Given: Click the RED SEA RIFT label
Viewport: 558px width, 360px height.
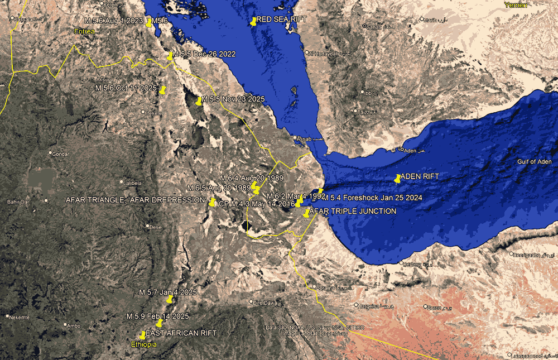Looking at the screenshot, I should (282, 20).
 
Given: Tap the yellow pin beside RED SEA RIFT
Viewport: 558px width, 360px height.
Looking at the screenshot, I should (254, 22).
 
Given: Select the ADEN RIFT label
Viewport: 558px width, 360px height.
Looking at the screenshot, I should (420, 176).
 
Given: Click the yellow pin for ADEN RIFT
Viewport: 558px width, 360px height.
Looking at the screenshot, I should (397, 179).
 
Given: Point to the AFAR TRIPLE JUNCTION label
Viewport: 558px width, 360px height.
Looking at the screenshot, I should (353, 212).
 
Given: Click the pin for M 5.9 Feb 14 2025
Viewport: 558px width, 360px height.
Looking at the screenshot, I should (159, 323).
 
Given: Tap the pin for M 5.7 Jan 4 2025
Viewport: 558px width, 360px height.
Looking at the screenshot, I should (169, 299).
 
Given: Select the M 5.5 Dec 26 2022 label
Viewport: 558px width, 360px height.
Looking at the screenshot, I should (204, 54).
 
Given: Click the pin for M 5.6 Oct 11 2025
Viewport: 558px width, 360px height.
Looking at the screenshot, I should (162, 90).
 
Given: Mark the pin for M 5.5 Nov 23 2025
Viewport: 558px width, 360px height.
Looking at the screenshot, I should (199, 101).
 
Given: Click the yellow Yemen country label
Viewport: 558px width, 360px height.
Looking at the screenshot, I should (514, 5).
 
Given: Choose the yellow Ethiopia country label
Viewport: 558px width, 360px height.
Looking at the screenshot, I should (143, 345).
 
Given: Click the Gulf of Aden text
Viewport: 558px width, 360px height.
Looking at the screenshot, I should (534, 162).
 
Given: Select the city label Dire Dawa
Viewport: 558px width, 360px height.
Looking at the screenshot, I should (265, 303).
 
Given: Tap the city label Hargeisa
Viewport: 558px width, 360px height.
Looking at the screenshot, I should (371, 306).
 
